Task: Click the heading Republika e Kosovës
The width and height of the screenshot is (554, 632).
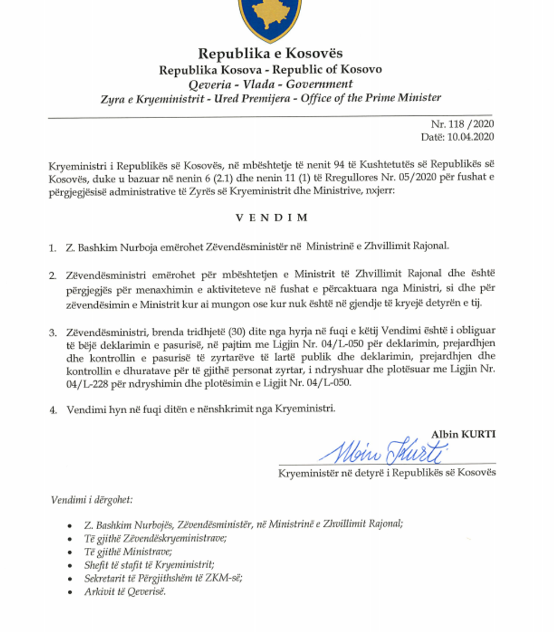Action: click(270, 54)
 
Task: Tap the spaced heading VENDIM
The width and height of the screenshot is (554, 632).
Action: click(271, 218)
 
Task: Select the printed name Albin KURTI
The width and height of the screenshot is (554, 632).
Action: click(463, 434)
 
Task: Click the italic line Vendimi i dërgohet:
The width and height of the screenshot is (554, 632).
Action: click(92, 500)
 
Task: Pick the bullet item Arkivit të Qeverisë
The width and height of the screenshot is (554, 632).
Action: click(124, 591)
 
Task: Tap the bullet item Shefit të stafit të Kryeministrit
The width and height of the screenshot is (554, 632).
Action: click(149, 565)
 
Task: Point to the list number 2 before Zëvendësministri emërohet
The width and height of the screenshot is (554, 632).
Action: click(52, 276)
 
